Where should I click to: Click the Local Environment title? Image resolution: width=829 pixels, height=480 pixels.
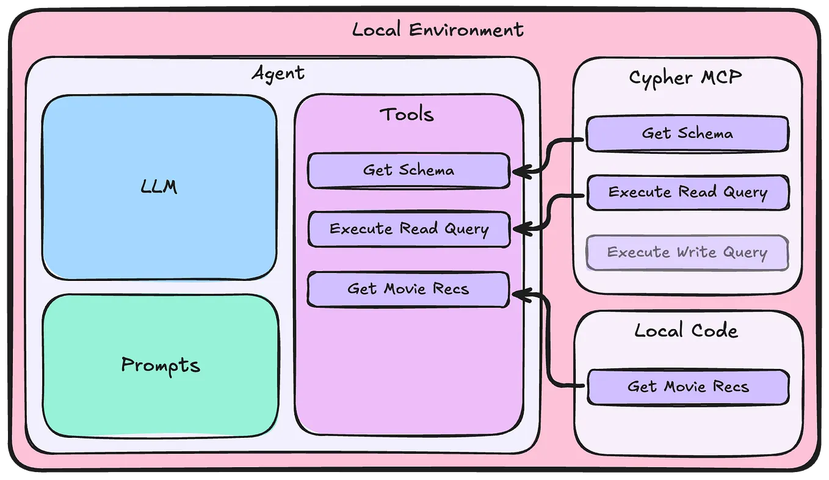438,29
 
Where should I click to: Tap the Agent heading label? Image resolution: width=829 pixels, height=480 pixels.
278,74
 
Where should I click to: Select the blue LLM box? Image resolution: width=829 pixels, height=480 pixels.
159,187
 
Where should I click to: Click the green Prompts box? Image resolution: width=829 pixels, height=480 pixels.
160,365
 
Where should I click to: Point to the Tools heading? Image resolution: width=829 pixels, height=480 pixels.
407,114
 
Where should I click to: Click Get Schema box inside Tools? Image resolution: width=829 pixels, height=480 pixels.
408,170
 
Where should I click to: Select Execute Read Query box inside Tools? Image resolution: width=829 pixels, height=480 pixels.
408,229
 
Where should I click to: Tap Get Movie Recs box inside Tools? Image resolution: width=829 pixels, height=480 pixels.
408,288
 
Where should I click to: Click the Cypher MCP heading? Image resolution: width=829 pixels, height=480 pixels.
685,78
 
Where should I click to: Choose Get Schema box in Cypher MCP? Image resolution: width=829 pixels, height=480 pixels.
687,133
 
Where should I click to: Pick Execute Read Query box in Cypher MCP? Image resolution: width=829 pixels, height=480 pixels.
687,192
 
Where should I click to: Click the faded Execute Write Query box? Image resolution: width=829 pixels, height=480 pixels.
687,252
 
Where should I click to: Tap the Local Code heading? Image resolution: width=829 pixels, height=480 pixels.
686,331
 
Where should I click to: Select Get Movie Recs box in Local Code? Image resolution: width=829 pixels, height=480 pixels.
687,387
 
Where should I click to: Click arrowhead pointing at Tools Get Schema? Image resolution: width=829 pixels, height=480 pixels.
518,172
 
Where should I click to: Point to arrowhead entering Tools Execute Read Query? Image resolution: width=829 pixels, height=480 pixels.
518,230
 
